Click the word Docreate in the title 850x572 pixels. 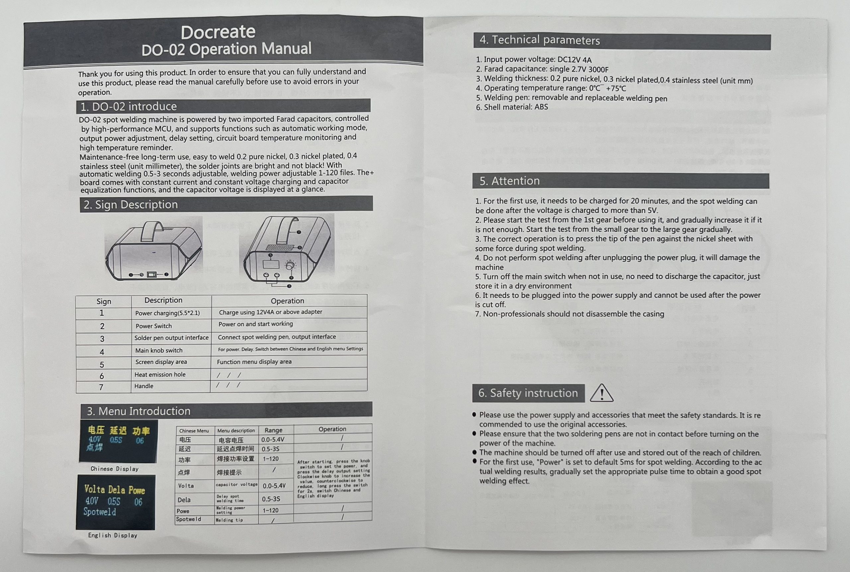pos(218,32)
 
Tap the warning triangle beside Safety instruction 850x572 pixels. pos(601,393)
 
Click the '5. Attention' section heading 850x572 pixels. pos(509,181)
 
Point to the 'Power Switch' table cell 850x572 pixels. pos(153,326)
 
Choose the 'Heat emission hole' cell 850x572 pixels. pos(160,374)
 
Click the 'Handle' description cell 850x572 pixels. pos(144,386)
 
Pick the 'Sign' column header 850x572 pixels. pos(104,301)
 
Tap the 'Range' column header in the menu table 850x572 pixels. pos(274,430)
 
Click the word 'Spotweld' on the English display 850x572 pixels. pos(100,512)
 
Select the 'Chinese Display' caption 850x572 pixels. pos(115,469)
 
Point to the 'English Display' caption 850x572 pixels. pos(113,535)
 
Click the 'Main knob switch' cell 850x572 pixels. pos(159,350)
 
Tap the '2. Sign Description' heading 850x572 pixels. pos(130,205)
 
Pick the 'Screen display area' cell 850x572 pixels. pos(161,362)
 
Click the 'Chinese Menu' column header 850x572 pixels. pos(194,430)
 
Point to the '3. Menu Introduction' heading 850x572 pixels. pos(138,411)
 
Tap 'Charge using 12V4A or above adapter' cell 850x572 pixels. pos(270,312)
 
